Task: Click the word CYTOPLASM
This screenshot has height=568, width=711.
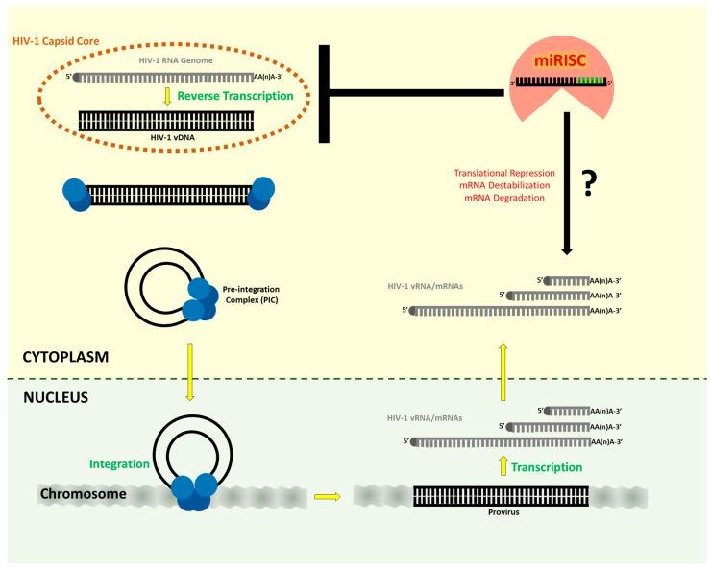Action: point(67,357)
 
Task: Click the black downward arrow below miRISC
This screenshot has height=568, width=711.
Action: point(566,182)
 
